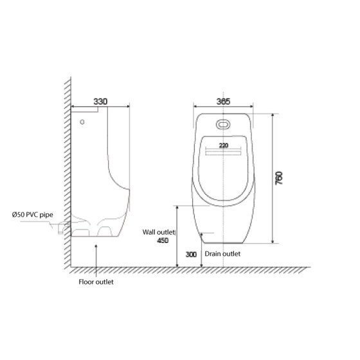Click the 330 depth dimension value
(100, 101)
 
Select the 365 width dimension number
(222, 101)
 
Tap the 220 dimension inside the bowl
(223, 146)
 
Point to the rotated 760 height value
(278, 178)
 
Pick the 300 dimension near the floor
(191, 255)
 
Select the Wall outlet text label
(160, 233)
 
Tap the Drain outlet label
(222, 254)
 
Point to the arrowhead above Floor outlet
(96, 246)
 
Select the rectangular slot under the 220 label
(223, 154)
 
